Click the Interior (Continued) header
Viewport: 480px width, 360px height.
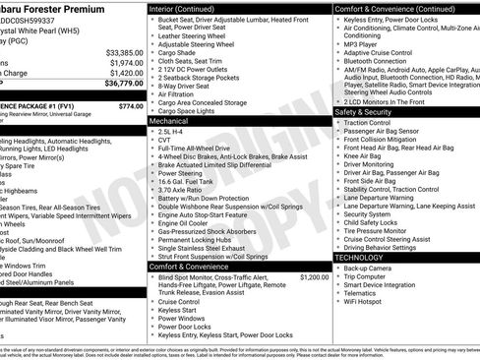[190, 7]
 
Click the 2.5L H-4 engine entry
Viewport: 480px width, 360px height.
[173, 130]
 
